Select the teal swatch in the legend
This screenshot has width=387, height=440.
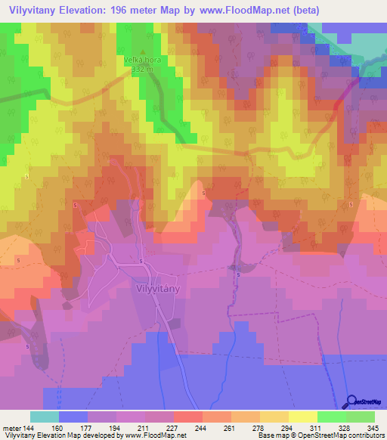pyautogui.click(x=45, y=417)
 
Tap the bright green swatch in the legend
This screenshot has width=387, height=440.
pyautogui.click(x=332, y=417)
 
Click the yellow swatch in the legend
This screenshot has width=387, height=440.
pyautogui.click(x=303, y=417)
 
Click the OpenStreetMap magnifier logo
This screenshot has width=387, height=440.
pyautogui.click(x=352, y=402)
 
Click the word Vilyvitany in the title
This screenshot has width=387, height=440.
pyautogui.click(x=33, y=11)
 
